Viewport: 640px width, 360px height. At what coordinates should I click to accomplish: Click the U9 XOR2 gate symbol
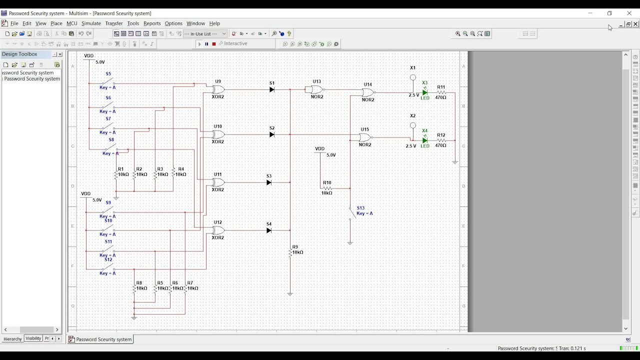pyautogui.click(x=218, y=89)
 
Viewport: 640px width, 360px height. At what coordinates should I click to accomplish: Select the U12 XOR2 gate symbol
pyautogui.click(x=218, y=230)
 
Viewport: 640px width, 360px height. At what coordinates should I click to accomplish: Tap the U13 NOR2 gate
pyautogui.click(x=316, y=90)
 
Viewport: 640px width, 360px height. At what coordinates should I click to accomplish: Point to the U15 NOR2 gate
pyautogui.click(x=365, y=137)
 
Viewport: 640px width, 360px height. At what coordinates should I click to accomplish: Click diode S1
pyautogui.click(x=271, y=90)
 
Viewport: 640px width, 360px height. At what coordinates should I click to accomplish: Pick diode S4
pyautogui.click(x=269, y=230)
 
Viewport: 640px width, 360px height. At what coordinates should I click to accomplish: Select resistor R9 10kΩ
pyautogui.click(x=290, y=253)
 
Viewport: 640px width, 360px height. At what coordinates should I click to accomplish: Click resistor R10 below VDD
pyautogui.click(x=327, y=188)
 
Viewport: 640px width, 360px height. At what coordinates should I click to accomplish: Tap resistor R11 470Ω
pyautogui.click(x=441, y=92)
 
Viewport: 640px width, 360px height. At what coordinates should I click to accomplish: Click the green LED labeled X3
pyautogui.click(x=424, y=92)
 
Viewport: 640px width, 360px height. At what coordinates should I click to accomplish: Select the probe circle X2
pyautogui.click(x=413, y=125)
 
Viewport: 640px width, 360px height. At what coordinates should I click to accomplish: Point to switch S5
pyautogui.click(x=108, y=81)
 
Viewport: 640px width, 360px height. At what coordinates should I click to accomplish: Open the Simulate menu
pyautogui.click(x=91, y=23)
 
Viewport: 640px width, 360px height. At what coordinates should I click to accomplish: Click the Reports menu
pyautogui.click(x=152, y=23)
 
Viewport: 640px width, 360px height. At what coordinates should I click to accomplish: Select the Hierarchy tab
pyautogui.click(x=12, y=339)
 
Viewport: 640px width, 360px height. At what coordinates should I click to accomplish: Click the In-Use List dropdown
pyautogui.click(x=205, y=34)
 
